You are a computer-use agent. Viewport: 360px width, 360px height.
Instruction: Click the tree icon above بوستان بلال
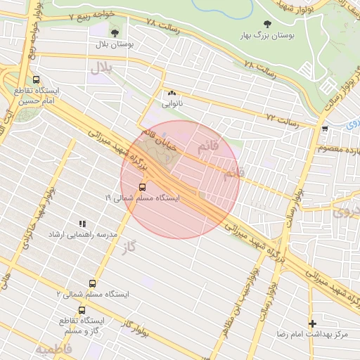click(115, 32)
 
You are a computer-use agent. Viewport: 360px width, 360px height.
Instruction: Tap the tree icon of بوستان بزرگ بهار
click(266, 24)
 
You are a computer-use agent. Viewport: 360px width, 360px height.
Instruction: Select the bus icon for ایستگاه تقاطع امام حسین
click(36, 80)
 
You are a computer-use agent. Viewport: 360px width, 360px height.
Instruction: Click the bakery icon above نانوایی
click(172, 92)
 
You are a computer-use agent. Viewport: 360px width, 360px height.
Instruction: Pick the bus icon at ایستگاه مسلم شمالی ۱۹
click(143, 187)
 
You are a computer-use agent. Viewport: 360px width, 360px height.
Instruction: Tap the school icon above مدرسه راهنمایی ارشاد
click(82, 224)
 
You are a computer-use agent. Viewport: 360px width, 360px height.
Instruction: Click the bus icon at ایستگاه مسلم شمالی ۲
click(82, 284)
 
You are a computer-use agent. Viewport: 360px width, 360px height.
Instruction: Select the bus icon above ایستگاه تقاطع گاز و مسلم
click(82, 309)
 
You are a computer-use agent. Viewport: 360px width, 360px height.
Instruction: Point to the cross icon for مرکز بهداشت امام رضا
click(312, 323)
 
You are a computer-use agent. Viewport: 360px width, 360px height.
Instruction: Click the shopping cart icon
click(324, 129)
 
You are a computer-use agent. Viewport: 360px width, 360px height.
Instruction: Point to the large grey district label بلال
click(101, 68)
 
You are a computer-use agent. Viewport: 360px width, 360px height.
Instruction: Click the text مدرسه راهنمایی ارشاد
click(82, 235)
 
